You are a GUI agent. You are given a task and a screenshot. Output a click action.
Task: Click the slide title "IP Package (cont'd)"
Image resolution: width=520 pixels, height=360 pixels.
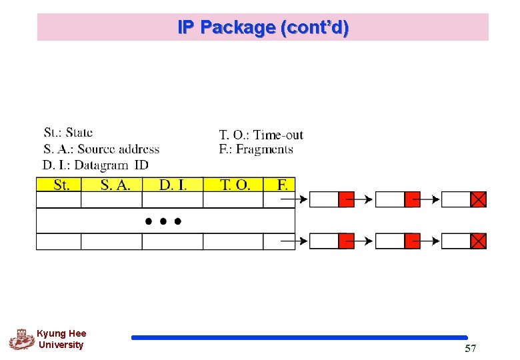(x=263, y=28)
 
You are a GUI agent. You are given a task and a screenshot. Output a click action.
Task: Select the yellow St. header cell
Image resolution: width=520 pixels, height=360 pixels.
(x=59, y=185)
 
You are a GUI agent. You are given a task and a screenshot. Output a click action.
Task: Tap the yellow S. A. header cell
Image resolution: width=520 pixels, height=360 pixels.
(x=112, y=185)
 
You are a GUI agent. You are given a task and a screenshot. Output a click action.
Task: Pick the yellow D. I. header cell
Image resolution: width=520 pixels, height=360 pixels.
(x=173, y=185)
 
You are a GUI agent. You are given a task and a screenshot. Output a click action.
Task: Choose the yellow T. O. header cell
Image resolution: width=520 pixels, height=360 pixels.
(x=233, y=185)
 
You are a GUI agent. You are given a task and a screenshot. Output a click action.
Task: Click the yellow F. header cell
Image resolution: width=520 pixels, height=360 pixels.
(x=279, y=185)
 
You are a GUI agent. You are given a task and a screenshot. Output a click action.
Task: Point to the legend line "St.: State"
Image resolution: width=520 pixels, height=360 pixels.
(x=68, y=133)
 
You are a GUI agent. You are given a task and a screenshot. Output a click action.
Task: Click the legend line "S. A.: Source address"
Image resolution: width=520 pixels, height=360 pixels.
(x=101, y=149)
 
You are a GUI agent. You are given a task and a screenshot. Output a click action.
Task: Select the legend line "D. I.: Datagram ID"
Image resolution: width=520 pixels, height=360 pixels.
(x=95, y=165)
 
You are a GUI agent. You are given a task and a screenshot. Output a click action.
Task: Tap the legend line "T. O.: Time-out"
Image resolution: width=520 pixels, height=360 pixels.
(x=261, y=135)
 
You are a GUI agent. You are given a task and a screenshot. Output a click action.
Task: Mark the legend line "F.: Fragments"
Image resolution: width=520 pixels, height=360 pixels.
(x=256, y=149)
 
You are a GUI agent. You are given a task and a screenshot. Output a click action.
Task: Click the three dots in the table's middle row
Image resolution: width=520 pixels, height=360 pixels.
(x=163, y=221)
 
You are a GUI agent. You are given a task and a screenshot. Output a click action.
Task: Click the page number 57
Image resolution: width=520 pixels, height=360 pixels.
(x=470, y=349)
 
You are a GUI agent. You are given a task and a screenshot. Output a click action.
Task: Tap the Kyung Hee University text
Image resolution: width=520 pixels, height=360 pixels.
(x=61, y=339)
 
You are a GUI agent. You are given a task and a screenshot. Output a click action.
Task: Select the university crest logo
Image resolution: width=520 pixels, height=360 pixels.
(x=21, y=339)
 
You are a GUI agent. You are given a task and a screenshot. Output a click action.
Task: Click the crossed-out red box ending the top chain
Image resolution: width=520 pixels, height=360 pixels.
(x=479, y=199)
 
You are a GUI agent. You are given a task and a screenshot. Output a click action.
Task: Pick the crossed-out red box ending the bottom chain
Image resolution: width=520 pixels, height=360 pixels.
(x=479, y=241)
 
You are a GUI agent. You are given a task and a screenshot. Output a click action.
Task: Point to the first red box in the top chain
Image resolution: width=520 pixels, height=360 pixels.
(x=346, y=199)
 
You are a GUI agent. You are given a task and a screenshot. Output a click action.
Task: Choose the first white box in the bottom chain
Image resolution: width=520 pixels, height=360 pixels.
(x=324, y=241)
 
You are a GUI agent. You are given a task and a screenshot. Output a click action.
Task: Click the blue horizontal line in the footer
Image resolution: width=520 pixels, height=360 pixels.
(x=299, y=338)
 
